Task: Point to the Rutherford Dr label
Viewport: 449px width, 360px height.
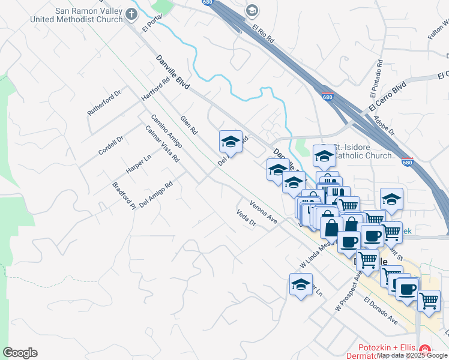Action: [x=104, y=102]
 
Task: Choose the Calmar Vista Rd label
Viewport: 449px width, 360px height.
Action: [x=162, y=144]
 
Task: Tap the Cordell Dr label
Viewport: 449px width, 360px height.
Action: [x=111, y=145]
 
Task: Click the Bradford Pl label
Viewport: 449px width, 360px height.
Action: [x=124, y=195]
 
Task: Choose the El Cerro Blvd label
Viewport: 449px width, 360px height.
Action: [x=388, y=95]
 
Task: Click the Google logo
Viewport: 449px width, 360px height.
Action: [x=20, y=353]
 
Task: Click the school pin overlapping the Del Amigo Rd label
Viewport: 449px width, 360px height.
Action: [x=231, y=142]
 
